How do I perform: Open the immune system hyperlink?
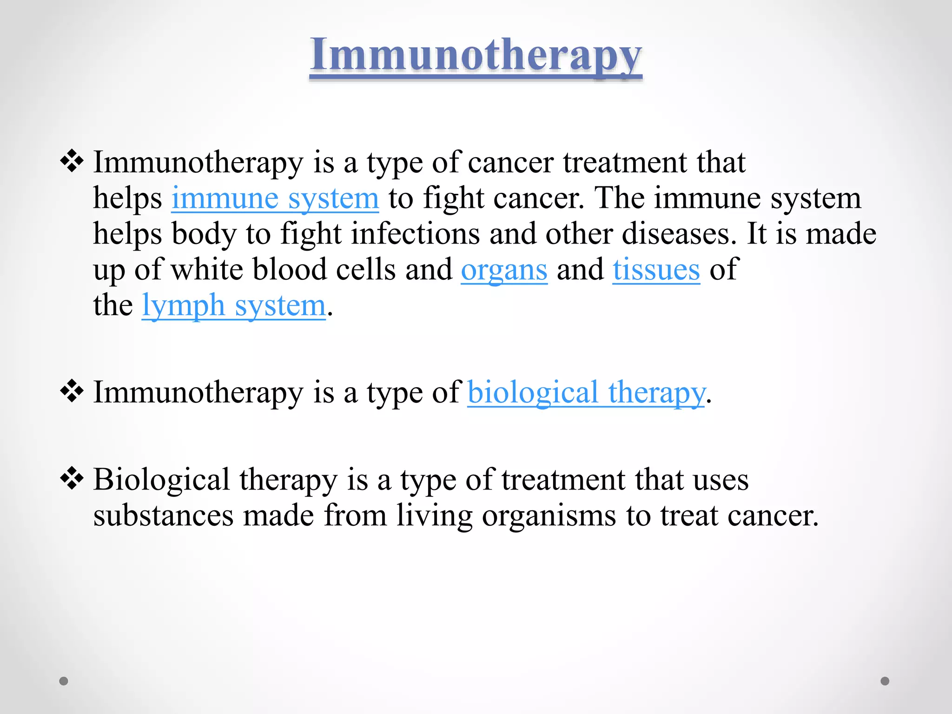[275, 198]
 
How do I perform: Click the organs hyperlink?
[504, 270]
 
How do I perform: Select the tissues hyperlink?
[656, 270]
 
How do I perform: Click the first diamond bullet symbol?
[72, 162]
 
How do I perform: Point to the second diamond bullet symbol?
[72, 391]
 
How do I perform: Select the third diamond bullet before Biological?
[72, 479]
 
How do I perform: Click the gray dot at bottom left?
[64, 681]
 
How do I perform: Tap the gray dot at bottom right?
[885, 681]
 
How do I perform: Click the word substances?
[163, 516]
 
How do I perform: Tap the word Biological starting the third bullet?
[161, 480]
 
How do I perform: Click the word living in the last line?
[434, 516]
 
